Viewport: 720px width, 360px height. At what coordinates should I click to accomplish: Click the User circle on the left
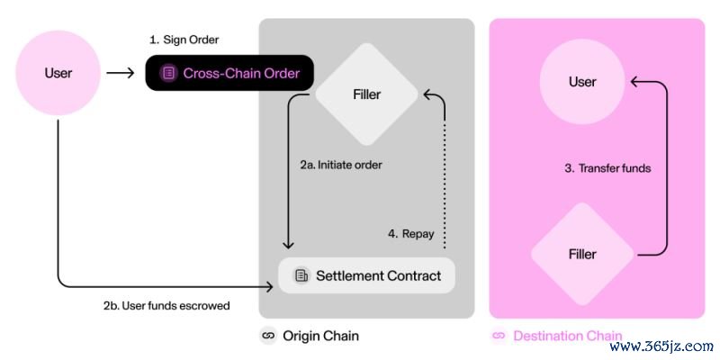point(58,73)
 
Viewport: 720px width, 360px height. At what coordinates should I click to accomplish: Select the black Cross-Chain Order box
point(229,73)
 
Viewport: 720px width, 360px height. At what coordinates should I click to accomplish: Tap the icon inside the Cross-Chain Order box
point(168,74)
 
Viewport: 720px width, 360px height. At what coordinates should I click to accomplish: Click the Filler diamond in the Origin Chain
point(366,93)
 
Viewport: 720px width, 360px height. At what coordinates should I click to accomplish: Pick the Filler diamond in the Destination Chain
point(582,254)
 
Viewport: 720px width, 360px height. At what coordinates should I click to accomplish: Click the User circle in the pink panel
point(582,82)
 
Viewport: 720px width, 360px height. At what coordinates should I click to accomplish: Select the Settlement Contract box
point(366,274)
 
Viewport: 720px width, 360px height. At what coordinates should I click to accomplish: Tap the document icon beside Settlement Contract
point(301,275)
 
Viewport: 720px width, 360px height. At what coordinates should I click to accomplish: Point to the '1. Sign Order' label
point(184,40)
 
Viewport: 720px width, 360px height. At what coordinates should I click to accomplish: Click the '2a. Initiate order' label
point(341,165)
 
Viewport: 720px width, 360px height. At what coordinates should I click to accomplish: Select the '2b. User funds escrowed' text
point(166,305)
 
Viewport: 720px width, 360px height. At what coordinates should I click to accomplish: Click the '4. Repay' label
point(410,234)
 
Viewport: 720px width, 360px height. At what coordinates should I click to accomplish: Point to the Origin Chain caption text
point(320,336)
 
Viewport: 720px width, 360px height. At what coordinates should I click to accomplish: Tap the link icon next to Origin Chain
point(267,336)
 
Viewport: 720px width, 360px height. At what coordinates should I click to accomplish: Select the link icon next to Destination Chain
point(498,336)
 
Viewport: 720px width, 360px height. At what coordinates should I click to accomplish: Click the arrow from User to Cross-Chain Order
point(120,73)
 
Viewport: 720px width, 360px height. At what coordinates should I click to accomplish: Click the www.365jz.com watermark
point(661,346)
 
